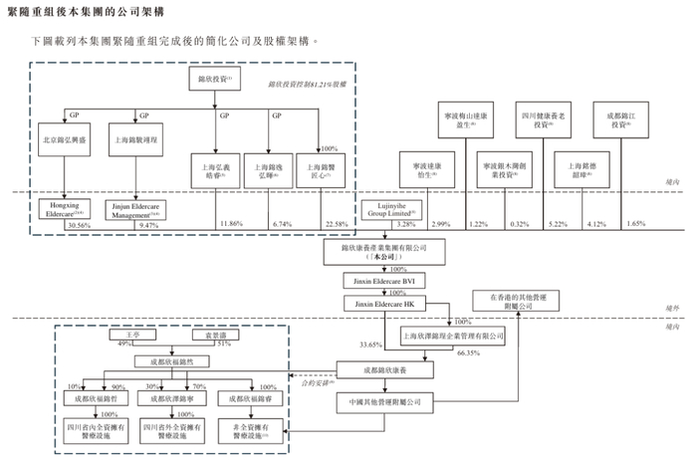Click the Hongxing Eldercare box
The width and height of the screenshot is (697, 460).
[x=65, y=207]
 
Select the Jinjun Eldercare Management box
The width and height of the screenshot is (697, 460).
[x=134, y=207]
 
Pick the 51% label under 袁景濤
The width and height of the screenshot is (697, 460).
[x=224, y=345]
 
